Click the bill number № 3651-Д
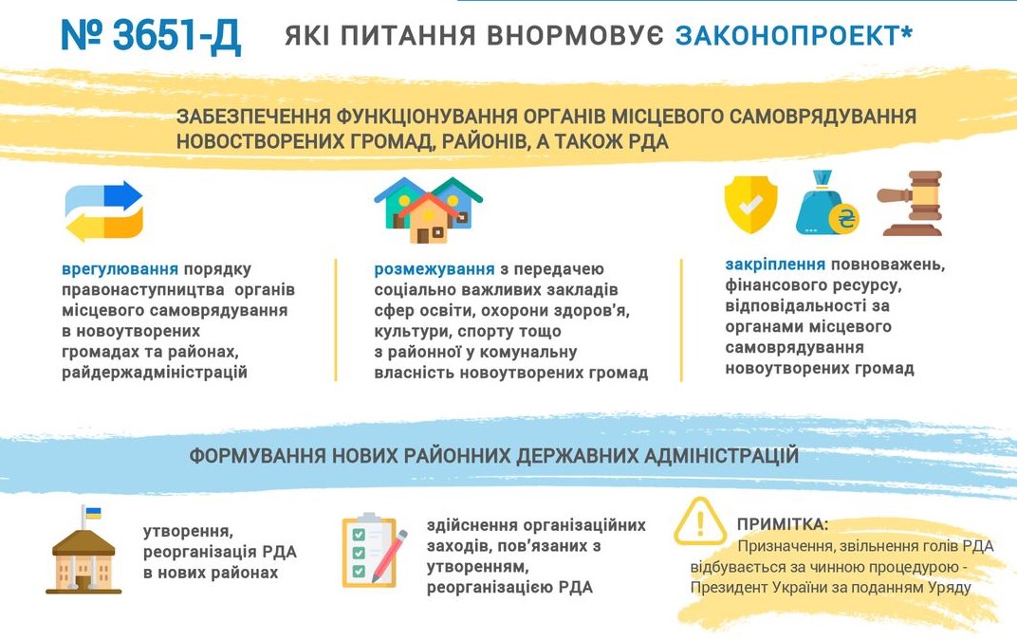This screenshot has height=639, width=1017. click(151, 36)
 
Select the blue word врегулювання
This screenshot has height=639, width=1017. click(120, 269)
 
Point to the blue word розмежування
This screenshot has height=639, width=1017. click(434, 269)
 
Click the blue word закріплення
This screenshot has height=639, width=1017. click(775, 265)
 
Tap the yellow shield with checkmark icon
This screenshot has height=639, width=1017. click(750, 205)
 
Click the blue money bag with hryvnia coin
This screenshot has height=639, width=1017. click(827, 203)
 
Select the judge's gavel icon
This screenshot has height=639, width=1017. click(910, 203)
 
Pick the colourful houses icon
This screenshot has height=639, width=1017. click(428, 210)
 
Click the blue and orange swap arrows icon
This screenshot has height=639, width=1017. click(103, 211)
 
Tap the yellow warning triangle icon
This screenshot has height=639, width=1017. click(700, 521)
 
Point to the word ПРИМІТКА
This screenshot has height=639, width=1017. click(783, 524)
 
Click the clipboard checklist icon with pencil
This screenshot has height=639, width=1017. click(374, 551)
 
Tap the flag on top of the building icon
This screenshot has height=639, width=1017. click(93, 514)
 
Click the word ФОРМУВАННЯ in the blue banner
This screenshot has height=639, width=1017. click(257, 456)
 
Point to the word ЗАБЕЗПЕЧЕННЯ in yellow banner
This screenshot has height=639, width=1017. click(253, 117)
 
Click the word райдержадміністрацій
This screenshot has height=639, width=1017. click(155, 373)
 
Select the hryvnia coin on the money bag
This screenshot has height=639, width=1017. click(845, 218)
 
